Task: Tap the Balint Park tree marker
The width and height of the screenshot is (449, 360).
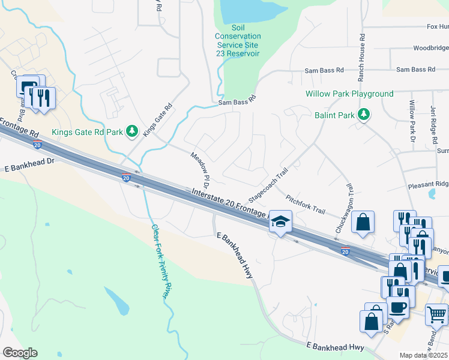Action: click(x=363, y=114)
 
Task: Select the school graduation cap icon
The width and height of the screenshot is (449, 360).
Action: click(x=280, y=221)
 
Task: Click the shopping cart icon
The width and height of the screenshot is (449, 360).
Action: click(x=436, y=314)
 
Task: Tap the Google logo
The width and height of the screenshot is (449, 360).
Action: click(x=20, y=353)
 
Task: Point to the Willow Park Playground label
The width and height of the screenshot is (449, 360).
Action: click(x=349, y=94)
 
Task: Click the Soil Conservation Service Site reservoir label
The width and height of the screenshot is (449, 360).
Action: click(x=238, y=41)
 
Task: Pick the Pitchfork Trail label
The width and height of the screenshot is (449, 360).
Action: click(x=305, y=204)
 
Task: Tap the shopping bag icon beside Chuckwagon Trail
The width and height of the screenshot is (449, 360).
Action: click(x=363, y=222)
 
